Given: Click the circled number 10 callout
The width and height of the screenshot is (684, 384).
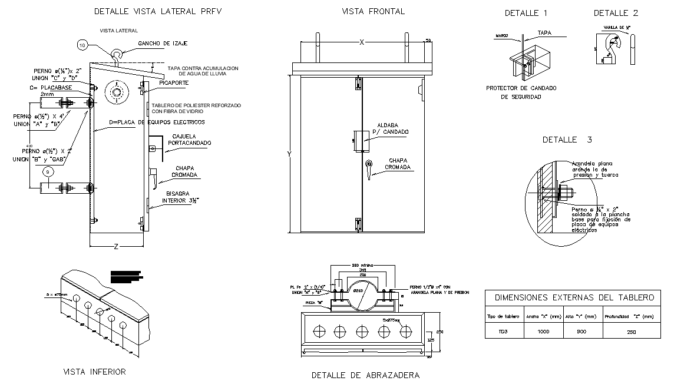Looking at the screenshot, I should (x=82, y=45).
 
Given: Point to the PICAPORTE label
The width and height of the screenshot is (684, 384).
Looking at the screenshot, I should (x=174, y=84).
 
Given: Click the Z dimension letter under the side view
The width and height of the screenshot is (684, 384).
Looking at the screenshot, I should (x=115, y=247).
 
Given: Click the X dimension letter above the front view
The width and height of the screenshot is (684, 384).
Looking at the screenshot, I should (x=362, y=42).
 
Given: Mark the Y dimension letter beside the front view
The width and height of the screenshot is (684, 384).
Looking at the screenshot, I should (x=289, y=154).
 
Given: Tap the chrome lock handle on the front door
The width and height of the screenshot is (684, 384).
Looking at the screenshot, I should (x=369, y=167).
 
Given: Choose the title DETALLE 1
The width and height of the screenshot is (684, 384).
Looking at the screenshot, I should (x=526, y=13).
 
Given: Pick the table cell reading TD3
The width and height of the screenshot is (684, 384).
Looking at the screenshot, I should (x=503, y=332).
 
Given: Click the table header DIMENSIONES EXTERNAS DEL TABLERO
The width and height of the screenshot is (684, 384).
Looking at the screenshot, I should (x=574, y=297).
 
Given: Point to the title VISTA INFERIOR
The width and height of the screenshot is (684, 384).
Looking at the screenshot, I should (x=94, y=372).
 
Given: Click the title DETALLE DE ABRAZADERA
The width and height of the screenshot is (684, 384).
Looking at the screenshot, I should (x=365, y=375).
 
